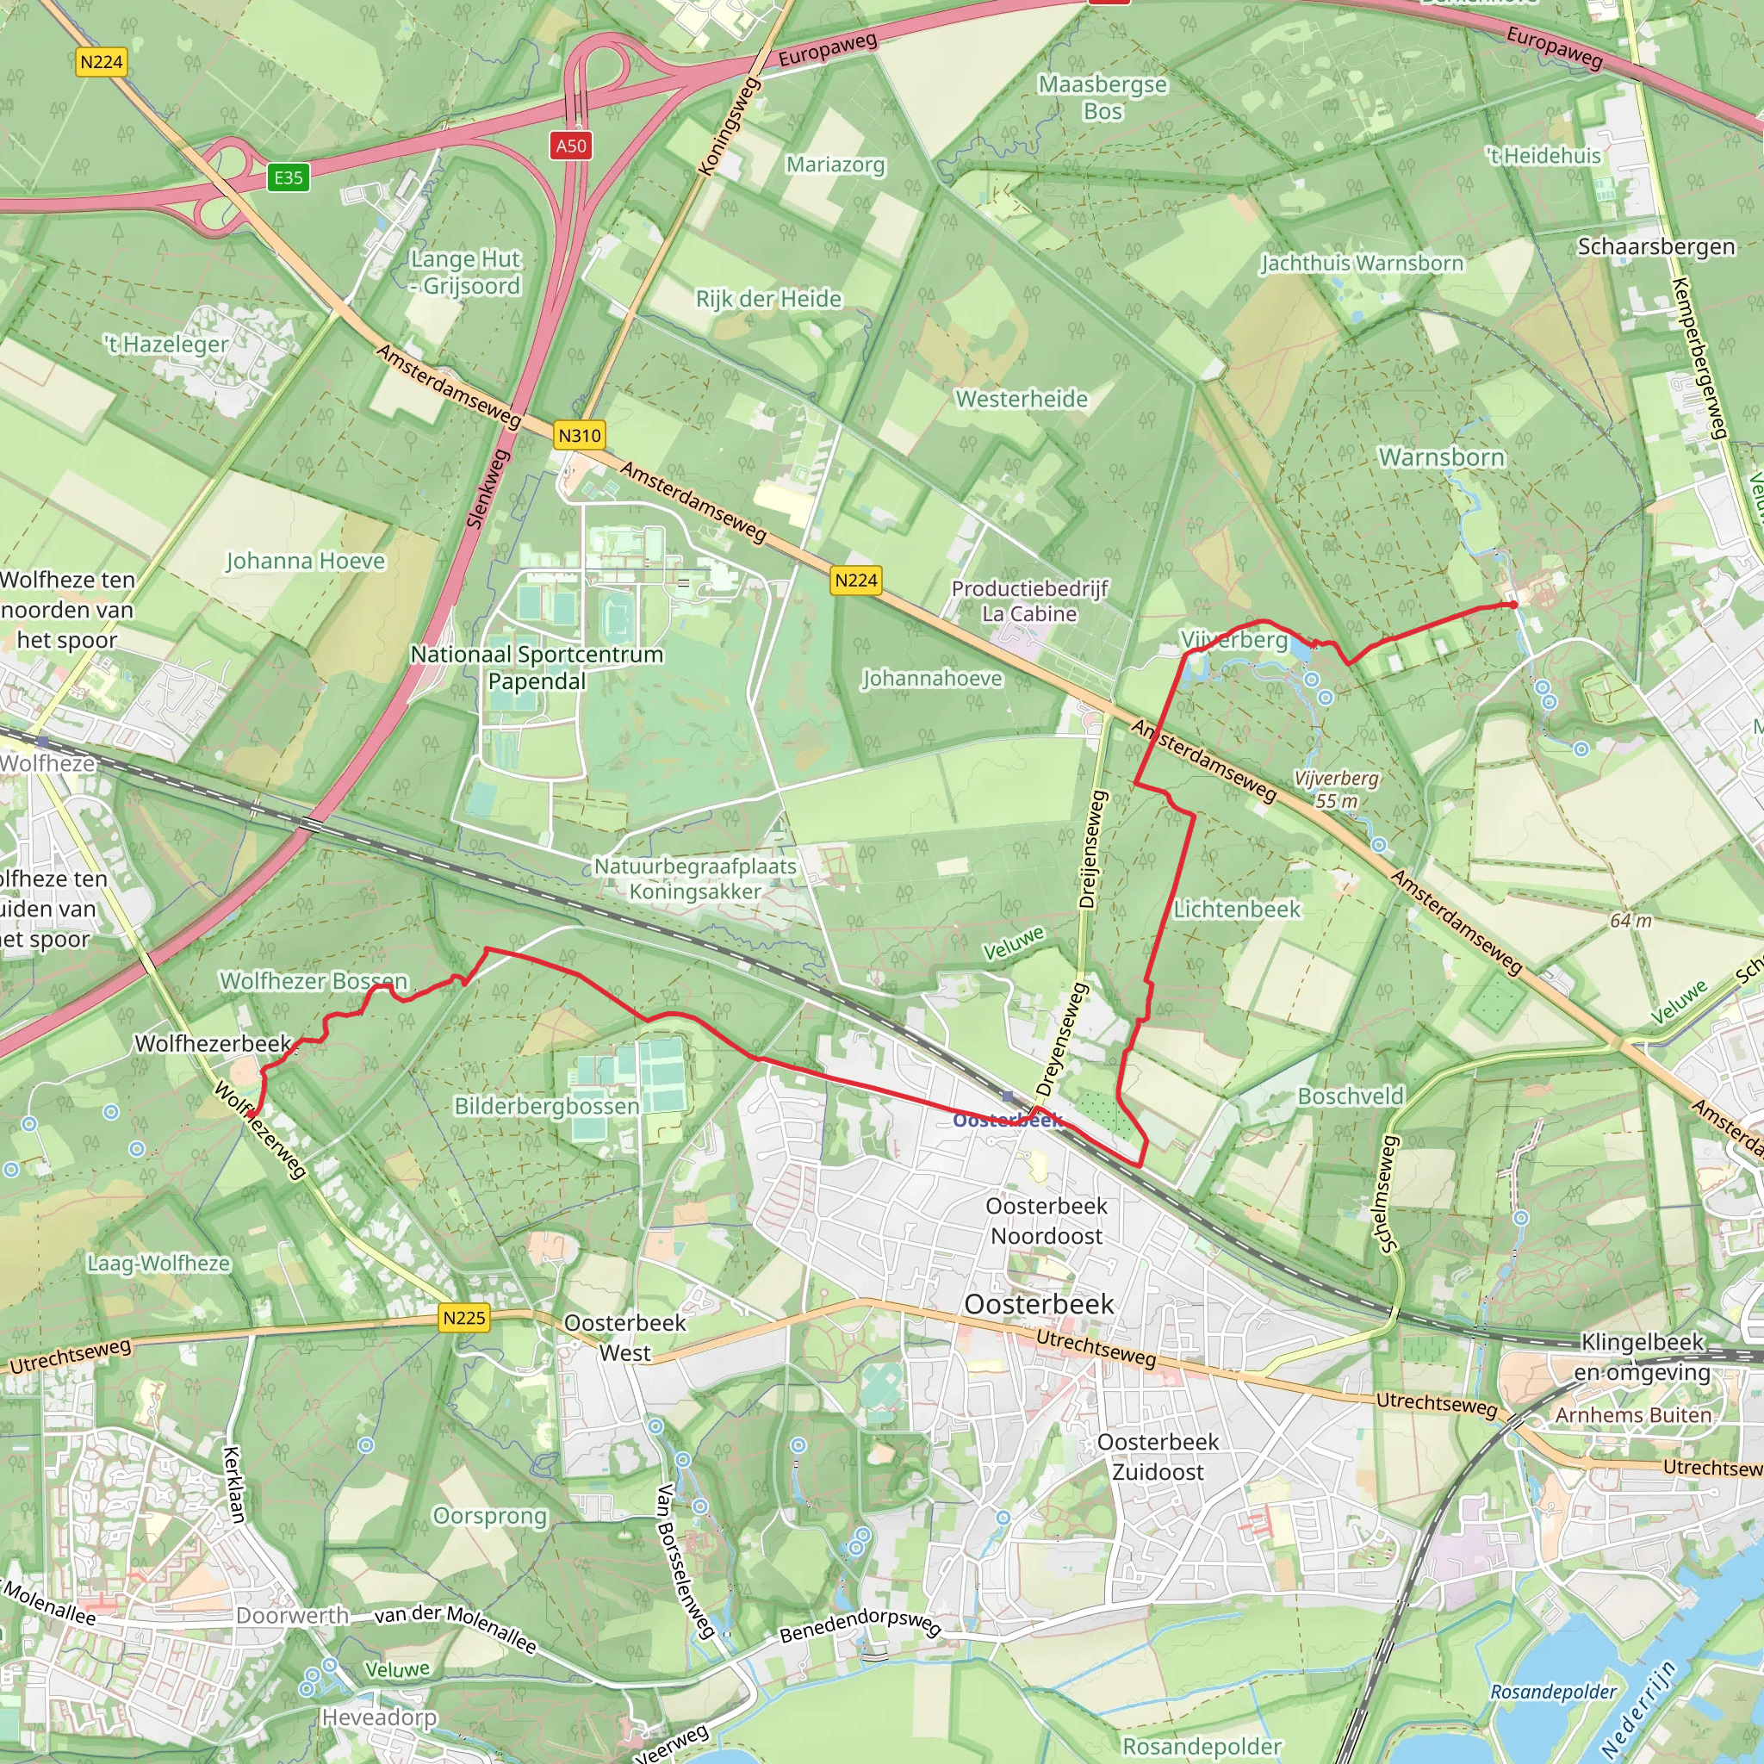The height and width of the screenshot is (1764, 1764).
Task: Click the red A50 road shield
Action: [x=571, y=146]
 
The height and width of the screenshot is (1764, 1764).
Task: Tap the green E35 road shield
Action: [x=289, y=177]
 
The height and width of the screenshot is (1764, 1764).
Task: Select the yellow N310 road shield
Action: [x=580, y=436]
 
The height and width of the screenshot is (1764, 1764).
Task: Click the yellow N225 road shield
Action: [x=464, y=1318]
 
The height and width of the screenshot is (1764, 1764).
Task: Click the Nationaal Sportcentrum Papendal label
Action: [x=537, y=668]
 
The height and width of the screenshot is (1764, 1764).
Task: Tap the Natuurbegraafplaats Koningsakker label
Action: [x=695, y=879]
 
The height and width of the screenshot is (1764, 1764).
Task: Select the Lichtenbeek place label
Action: [x=1236, y=910]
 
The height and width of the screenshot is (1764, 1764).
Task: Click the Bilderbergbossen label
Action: [x=547, y=1106]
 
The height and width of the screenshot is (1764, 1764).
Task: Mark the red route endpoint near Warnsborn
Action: [x=1512, y=605]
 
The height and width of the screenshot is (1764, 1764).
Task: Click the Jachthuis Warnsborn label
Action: [x=1362, y=263]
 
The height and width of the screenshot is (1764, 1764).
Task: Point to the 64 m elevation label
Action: [x=1630, y=921]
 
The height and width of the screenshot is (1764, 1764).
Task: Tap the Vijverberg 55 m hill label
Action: [x=1337, y=790]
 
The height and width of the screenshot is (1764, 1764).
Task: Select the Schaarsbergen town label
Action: [x=1655, y=246]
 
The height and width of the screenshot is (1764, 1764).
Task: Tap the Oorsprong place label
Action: [x=489, y=1516]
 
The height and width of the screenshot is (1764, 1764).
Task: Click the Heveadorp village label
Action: [x=379, y=1717]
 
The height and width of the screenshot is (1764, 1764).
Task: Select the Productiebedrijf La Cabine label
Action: [x=1030, y=601]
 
